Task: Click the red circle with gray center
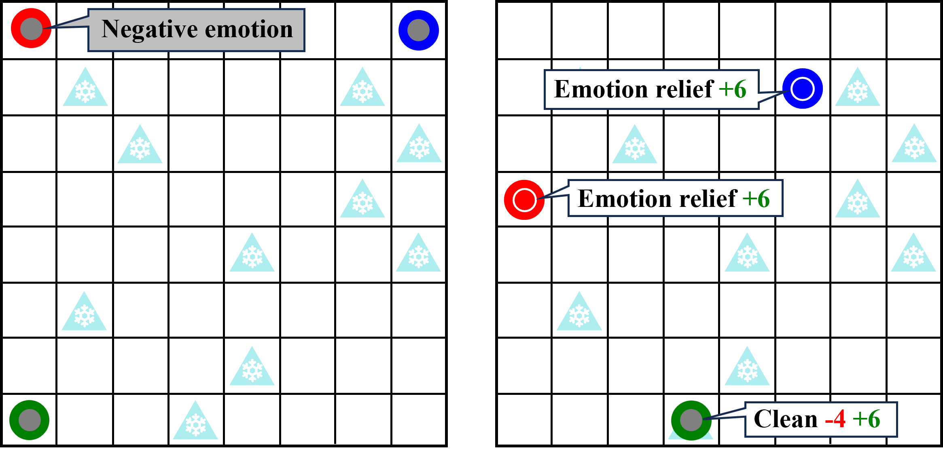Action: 31,28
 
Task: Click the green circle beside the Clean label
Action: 691,420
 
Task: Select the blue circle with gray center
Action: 419,30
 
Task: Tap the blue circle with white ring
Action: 803,89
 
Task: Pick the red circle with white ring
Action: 524,200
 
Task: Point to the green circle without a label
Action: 30,420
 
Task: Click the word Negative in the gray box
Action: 150,30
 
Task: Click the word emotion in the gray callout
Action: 249,30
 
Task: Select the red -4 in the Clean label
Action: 835,419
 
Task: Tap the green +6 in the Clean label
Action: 866,419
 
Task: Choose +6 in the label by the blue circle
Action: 733,89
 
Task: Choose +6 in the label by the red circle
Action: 756,198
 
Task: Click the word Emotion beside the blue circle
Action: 601,89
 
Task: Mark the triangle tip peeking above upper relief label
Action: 580,68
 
